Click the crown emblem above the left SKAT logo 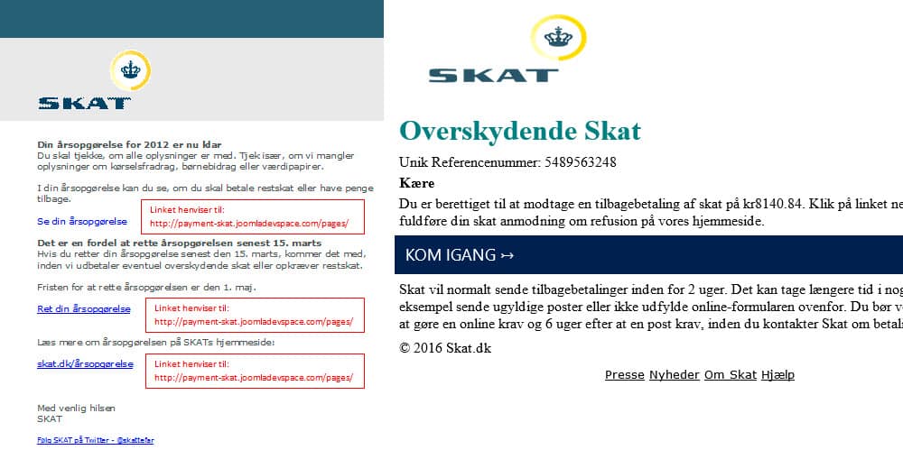coord(130,70)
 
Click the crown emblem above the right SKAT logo coord(559,36)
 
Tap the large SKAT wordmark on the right coord(493,75)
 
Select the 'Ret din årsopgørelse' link coord(83,309)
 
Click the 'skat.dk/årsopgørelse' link coord(85,364)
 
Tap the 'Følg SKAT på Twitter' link coord(95,440)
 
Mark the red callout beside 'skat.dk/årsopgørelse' coord(256,370)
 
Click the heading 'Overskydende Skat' coord(519,131)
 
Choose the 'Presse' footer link coord(624,375)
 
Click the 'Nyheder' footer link coord(674,375)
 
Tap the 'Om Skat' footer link coord(730,375)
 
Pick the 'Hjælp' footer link coord(777,375)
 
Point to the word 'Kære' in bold coord(416,183)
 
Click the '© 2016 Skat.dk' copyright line coord(445,348)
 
